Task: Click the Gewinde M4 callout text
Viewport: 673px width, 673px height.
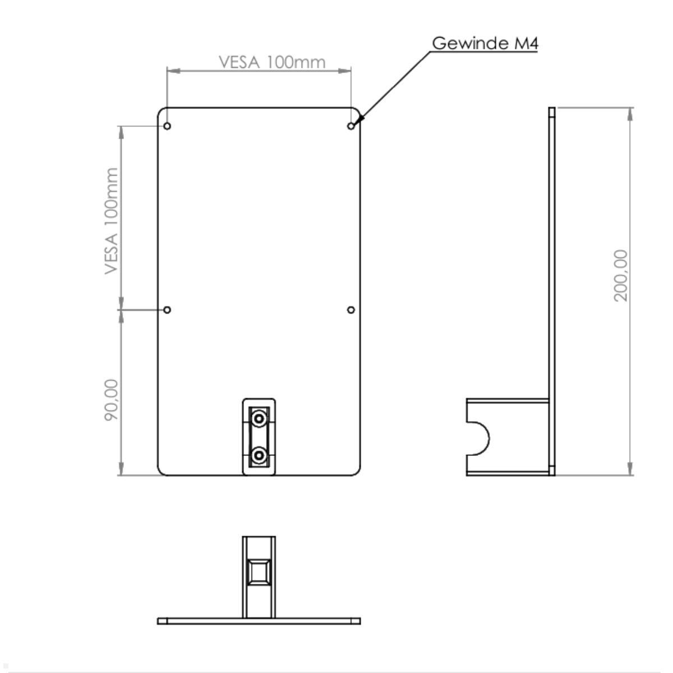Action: [485, 43]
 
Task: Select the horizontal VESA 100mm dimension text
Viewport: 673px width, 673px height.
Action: [272, 62]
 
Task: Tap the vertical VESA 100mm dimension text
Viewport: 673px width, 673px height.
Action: [112, 221]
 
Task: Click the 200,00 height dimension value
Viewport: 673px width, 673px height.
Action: [621, 275]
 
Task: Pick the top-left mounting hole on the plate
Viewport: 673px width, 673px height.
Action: [167, 126]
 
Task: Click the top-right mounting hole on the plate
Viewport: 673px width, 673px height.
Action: [351, 126]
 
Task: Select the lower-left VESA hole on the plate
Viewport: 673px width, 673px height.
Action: [167, 310]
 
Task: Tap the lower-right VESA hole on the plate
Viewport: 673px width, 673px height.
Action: [351, 310]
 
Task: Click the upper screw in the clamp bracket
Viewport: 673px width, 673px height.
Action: [259, 418]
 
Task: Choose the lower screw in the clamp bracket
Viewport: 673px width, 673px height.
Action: [259, 455]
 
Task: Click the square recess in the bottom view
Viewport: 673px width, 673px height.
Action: [259, 573]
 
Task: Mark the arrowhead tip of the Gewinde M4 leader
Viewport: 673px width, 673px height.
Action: [356, 122]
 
